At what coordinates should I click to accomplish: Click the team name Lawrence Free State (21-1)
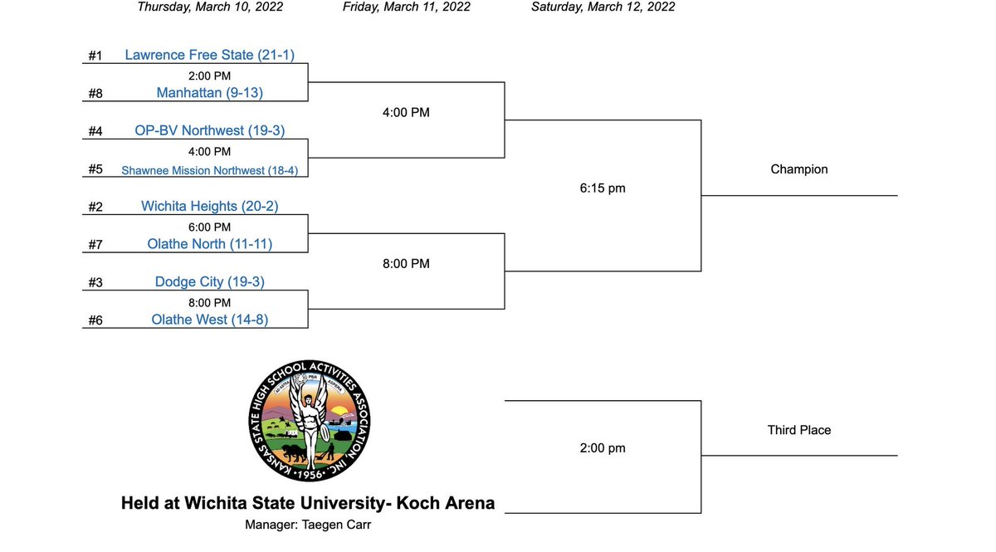pyautogui.click(x=209, y=56)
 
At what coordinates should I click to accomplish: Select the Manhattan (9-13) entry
pyautogui.click(x=209, y=93)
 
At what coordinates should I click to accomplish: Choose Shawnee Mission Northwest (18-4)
pyautogui.click(x=209, y=170)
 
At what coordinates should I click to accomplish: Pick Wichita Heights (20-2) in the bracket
pyautogui.click(x=209, y=206)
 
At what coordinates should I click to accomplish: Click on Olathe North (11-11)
pyautogui.click(x=209, y=244)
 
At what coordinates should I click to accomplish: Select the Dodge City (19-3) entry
pyautogui.click(x=209, y=281)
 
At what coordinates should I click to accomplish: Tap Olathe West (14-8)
pyautogui.click(x=209, y=320)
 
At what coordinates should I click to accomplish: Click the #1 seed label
pyautogui.click(x=95, y=56)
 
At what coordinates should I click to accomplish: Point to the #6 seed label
pyautogui.click(x=95, y=320)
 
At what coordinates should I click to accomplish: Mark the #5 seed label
pyautogui.click(x=95, y=169)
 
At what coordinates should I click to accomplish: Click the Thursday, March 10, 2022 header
pyautogui.click(x=210, y=7)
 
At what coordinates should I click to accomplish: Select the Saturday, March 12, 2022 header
pyautogui.click(x=603, y=7)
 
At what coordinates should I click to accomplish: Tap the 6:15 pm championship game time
pyautogui.click(x=603, y=188)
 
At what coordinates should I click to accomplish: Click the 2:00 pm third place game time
pyautogui.click(x=603, y=448)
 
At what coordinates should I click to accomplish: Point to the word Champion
pyautogui.click(x=798, y=169)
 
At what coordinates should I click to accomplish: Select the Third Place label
pyautogui.click(x=798, y=430)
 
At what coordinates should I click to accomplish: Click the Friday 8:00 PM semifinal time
pyautogui.click(x=406, y=264)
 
